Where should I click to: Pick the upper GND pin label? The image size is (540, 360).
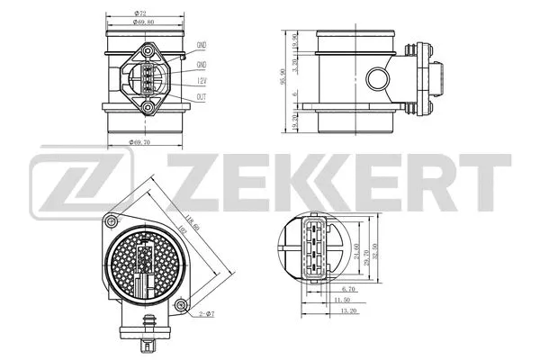pyautogui.click(x=202, y=45)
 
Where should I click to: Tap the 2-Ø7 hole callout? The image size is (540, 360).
pyautogui.click(x=205, y=312)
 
